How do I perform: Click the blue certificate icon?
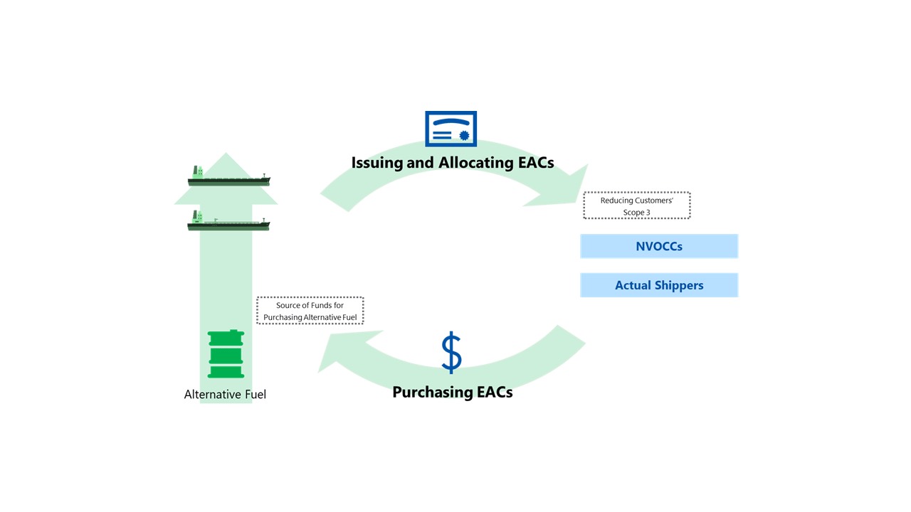click(451, 129)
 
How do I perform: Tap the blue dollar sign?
click(451, 352)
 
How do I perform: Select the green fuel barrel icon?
click(226, 354)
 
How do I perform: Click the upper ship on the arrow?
click(228, 176)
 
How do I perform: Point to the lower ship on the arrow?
click(228, 220)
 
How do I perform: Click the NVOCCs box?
click(659, 246)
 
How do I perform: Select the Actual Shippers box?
click(659, 285)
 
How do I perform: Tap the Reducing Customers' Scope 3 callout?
click(637, 206)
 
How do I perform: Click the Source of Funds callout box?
click(310, 311)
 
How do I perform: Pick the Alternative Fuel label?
click(225, 394)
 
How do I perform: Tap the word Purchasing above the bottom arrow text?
click(433, 393)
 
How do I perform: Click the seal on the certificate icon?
click(464, 135)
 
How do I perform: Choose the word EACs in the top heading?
click(536, 163)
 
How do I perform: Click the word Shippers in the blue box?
click(679, 286)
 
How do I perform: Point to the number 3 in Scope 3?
click(648, 213)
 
